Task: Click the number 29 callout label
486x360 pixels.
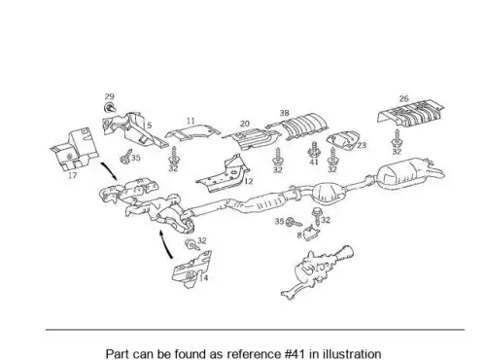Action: coord(110,96)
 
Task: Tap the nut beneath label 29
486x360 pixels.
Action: coord(110,108)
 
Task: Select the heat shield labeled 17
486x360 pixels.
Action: coord(74,149)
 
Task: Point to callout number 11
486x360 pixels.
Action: coord(191,121)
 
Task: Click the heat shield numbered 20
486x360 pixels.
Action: coord(252,138)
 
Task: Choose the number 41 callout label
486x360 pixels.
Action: coord(314,162)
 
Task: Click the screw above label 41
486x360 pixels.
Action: coord(313,150)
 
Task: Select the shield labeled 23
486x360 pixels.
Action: coord(342,141)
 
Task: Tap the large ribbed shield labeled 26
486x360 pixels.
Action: coord(411,112)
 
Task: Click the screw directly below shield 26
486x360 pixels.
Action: coord(397,138)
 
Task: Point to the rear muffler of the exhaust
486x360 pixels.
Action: coord(409,173)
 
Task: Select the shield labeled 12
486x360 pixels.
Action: coord(224,174)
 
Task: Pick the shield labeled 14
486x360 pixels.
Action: coord(191,270)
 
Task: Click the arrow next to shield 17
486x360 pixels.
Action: coord(110,171)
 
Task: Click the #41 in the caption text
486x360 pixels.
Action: coord(295,353)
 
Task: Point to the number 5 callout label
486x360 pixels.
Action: coord(149,126)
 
